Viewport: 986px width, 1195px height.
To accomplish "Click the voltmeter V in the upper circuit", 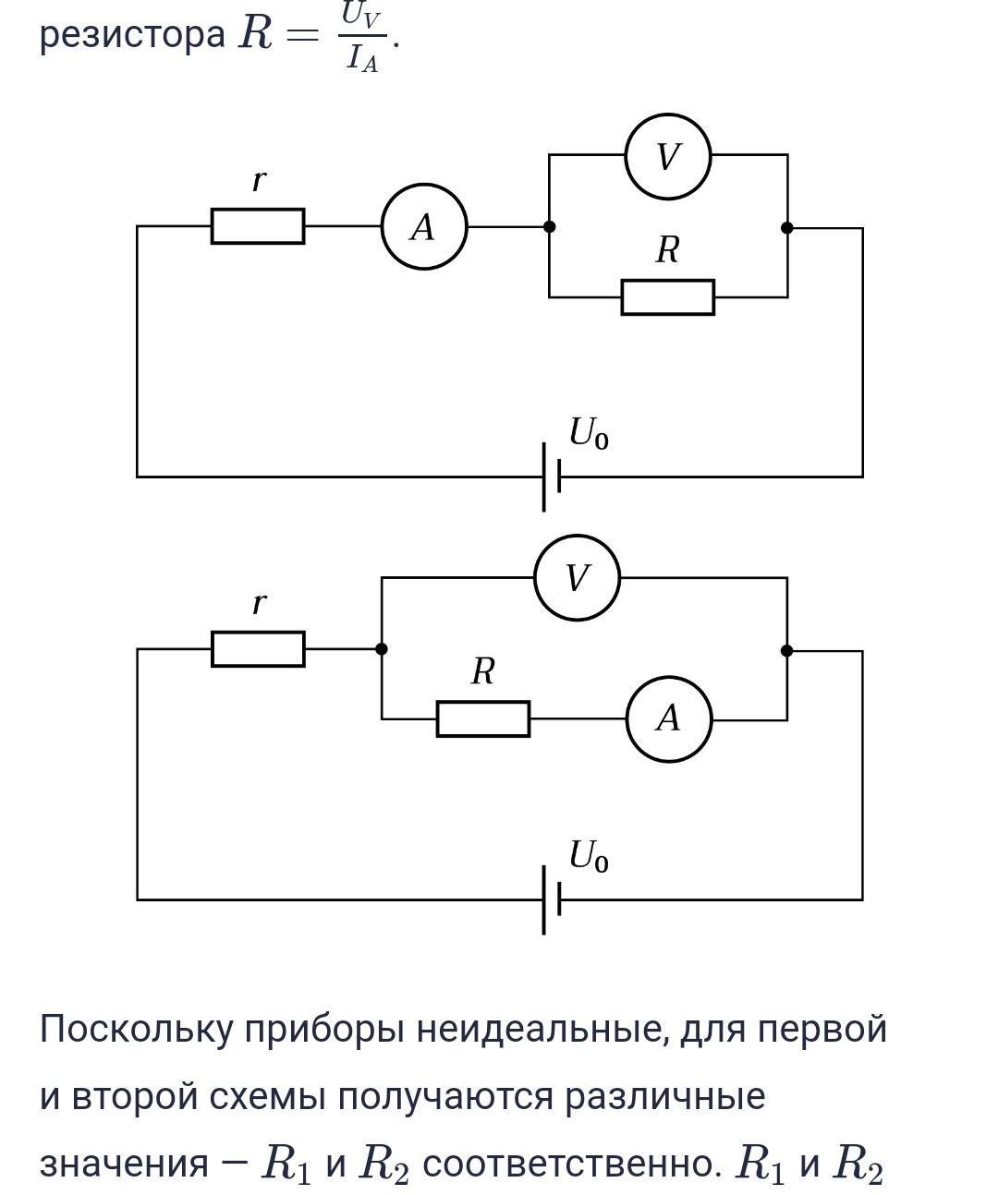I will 667,156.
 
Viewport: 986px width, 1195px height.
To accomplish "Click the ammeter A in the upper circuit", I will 423,226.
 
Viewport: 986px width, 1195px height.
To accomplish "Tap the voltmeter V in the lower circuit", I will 577,578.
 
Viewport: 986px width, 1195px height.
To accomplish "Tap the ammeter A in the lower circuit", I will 668,718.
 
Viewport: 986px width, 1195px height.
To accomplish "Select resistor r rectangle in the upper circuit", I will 258,226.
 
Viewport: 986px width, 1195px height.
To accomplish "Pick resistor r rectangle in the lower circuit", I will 258,649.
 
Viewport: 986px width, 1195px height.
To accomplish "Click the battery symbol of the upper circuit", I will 551,477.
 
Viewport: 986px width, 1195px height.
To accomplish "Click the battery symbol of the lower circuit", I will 551,899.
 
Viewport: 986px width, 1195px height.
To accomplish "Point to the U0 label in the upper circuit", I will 588,433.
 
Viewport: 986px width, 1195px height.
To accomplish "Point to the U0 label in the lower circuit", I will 588,856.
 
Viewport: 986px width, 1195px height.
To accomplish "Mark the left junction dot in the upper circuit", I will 549,226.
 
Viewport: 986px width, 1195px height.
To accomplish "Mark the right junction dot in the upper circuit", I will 787,227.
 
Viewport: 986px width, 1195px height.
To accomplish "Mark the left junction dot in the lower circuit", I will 382,649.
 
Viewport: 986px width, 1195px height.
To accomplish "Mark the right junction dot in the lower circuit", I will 787,650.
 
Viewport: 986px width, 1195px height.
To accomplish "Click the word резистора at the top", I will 132,35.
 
